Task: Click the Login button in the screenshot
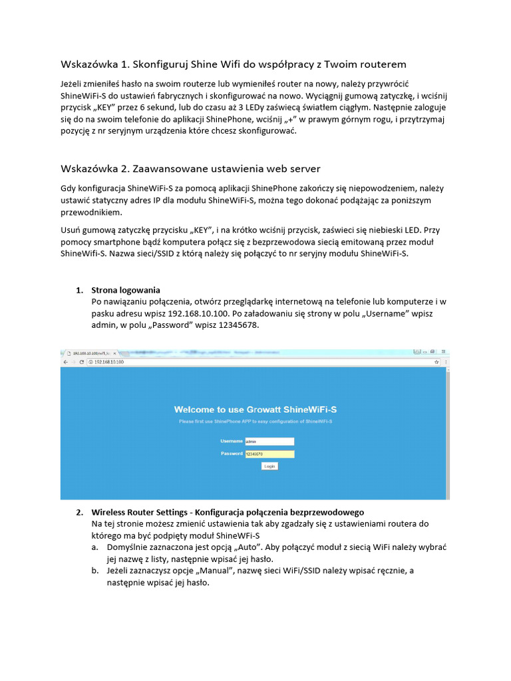click(269, 466)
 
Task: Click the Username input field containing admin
click(269, 441)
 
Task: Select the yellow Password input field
click(269, 454)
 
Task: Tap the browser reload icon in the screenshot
click(81, 362)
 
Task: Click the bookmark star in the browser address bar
click(436, 362)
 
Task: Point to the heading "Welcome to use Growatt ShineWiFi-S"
click(255, 410)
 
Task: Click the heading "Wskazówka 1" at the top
click(233, 65)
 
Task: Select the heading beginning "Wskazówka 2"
click(190, 168)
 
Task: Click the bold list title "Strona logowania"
click(126, 290)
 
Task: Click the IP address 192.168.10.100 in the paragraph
click(198, 314)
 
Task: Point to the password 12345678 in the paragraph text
click(238, 326)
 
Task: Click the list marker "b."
click(96, 571)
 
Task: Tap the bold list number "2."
click(79, 513)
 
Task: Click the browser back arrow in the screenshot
click(65, 362)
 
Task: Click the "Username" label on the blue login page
click(231, 441)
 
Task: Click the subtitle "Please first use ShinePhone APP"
click(255, 422)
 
